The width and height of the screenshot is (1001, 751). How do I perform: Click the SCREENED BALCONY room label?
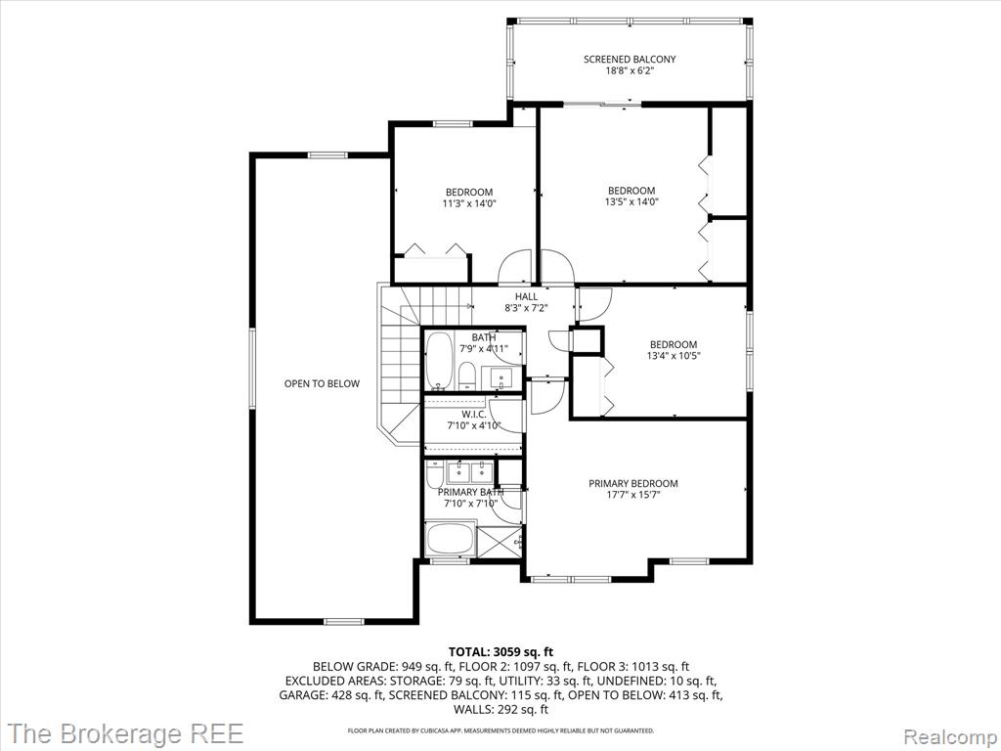[x=630, y=60]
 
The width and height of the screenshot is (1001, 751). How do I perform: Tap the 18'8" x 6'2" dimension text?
[x=630, y=71]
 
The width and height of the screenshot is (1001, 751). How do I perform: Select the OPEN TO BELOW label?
[x=322, y=383]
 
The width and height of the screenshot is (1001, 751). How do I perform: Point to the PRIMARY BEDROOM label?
[x=633, y=483]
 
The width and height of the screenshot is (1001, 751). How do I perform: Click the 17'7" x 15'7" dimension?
[x=633, y=495]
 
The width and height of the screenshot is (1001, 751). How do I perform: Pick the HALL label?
[x=527, y=296]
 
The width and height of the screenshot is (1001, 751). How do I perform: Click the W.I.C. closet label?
[x=474, y=415]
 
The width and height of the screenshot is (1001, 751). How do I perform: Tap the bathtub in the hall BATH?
[x=439, y=360]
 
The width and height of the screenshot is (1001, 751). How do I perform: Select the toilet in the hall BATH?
[x=466, y=375]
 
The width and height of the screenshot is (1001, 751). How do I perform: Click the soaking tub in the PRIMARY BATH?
[x=451, y=539]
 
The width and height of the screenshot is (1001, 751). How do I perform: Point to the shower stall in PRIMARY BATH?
[x=500, y=542]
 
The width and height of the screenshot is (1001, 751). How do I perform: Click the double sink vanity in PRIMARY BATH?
[x=469, y=472]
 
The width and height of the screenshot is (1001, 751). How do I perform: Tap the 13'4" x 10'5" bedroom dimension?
[x=674, y=356]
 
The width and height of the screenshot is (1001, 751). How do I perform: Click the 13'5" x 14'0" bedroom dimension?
[x=631, y=201]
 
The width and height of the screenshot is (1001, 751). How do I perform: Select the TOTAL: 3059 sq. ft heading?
[x=501, y=652]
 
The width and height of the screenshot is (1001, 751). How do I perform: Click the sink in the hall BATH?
[x=501, y=376]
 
